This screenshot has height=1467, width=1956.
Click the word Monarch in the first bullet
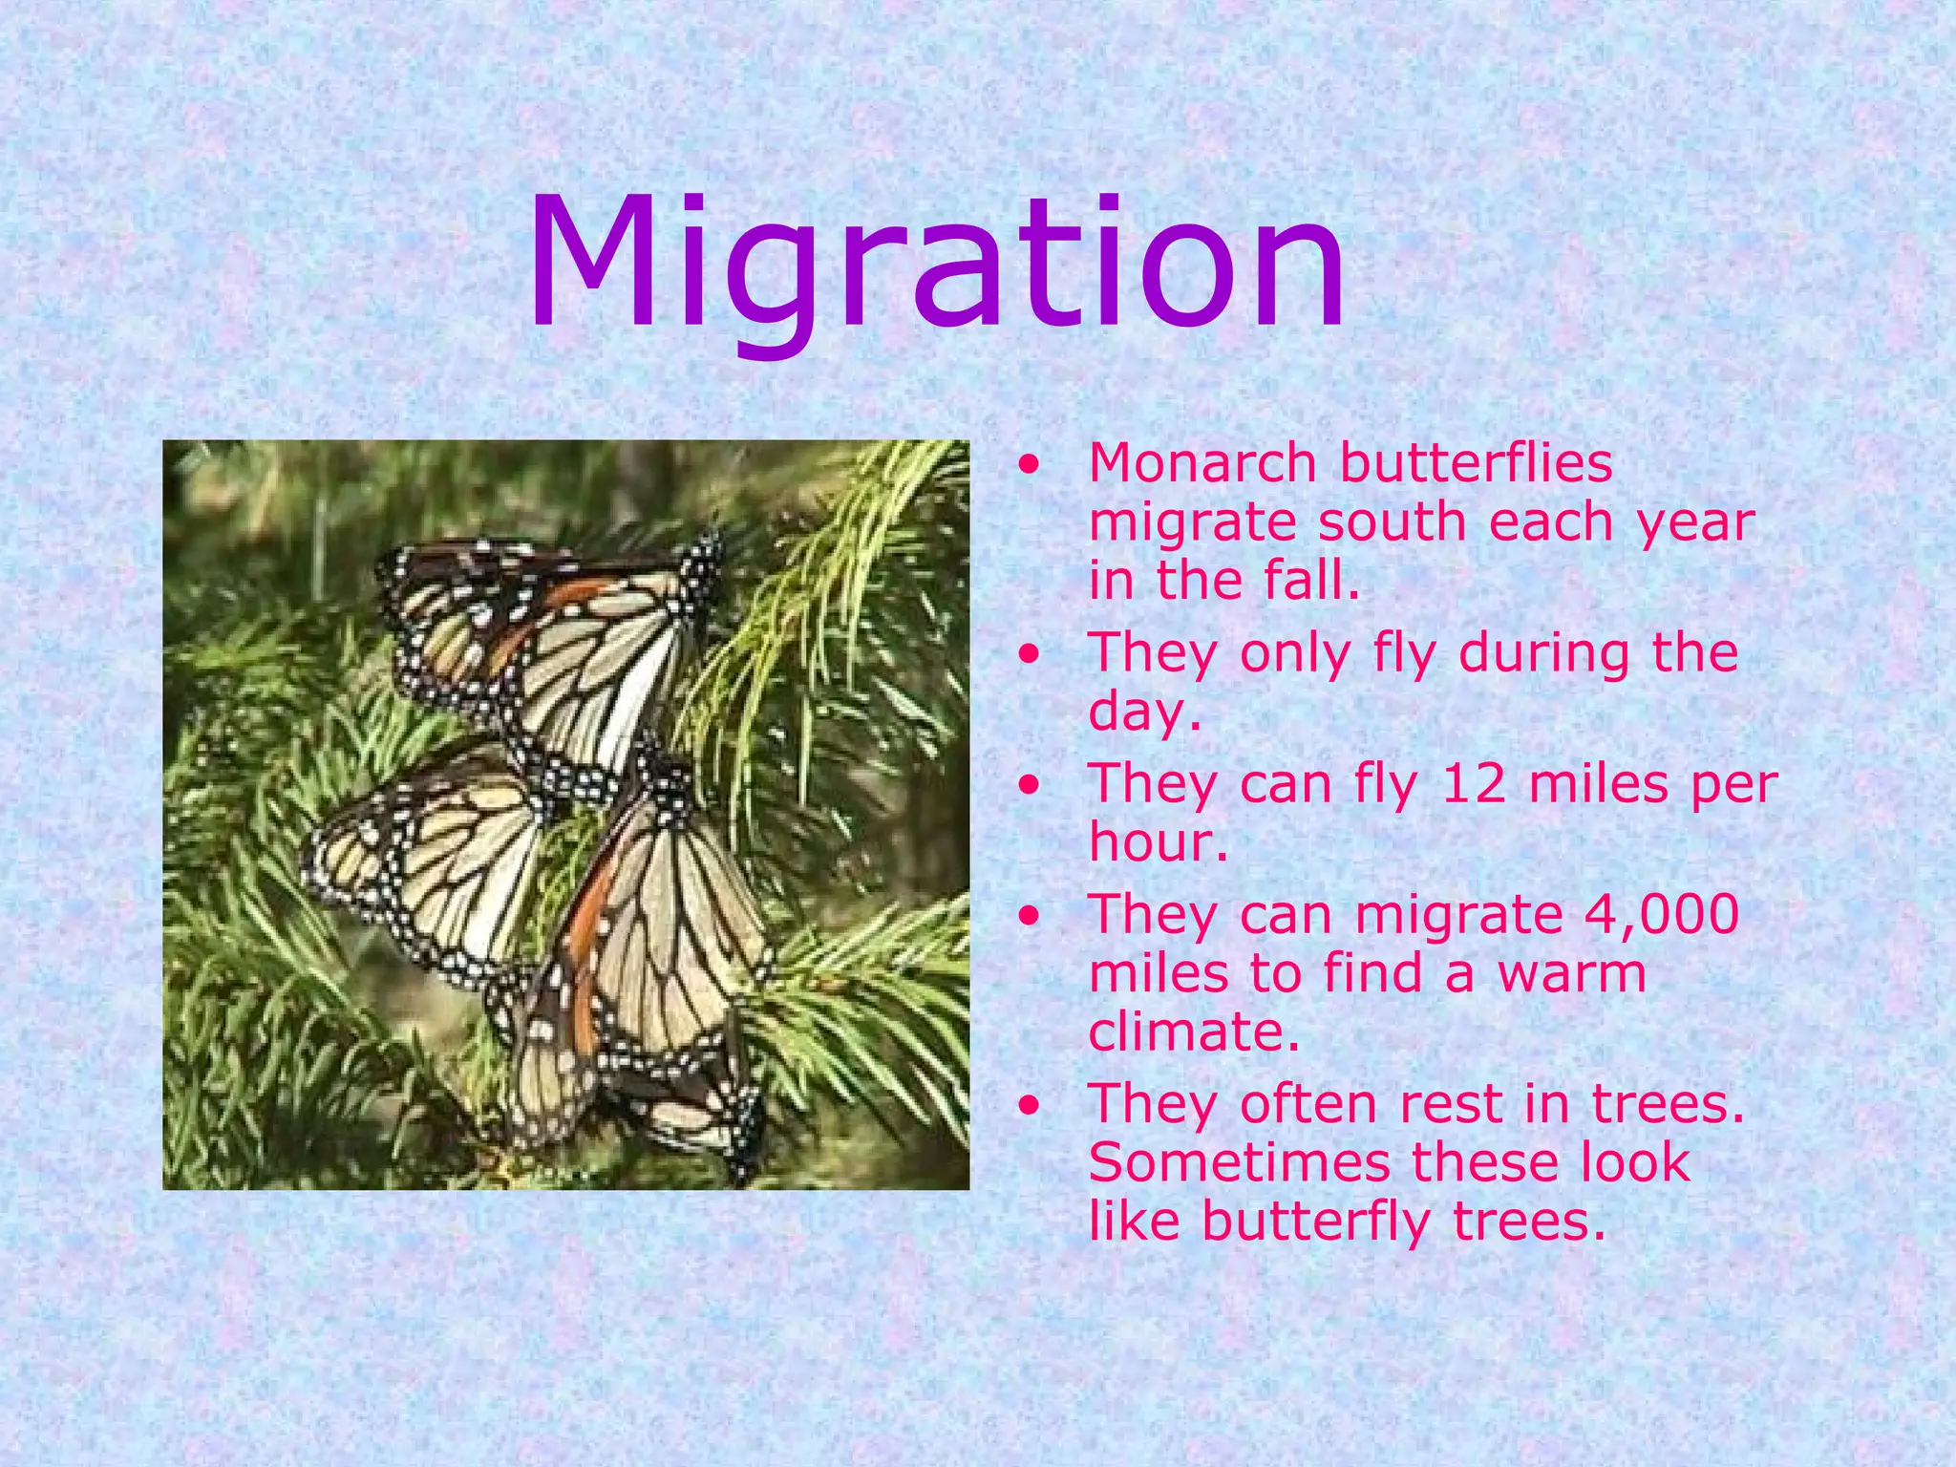(1202, 463)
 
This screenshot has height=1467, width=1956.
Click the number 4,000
(1661, 914)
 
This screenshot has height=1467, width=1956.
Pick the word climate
(1194, 1031)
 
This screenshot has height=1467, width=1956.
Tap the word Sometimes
(1239, 1162)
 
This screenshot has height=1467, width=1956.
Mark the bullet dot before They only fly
(1029, 655)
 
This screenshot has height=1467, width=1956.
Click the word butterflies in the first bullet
(1475, 463)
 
